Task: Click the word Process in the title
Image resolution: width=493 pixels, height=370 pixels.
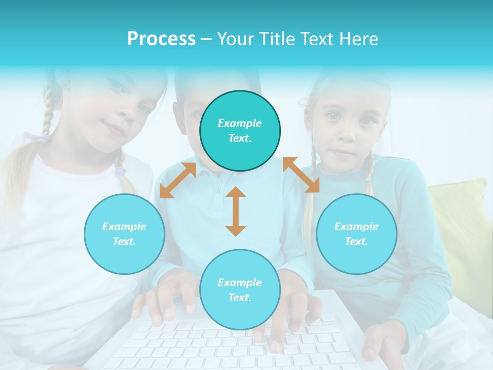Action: coord(161,39)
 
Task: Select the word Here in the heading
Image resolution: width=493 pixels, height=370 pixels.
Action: coord(358,39)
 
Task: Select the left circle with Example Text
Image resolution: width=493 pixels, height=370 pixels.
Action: coord(124,234)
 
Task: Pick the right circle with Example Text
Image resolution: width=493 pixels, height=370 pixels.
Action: coord(356,234)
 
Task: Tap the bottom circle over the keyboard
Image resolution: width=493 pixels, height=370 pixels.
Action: coord(240,290)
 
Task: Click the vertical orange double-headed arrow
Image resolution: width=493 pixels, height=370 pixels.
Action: coord(236,211)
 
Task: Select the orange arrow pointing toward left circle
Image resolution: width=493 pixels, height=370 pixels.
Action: coord(178,180)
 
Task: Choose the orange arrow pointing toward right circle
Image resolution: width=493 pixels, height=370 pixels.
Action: coord(301,175)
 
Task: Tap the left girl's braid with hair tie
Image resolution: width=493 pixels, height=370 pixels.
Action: coord(119,170)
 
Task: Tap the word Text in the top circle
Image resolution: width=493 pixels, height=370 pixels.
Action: coord(239,138)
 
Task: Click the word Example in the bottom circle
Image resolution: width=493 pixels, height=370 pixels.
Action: coord(240,282)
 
